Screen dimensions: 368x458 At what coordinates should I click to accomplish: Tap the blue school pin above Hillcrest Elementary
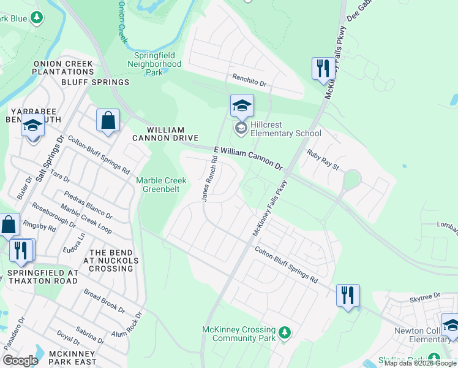pos(242,106)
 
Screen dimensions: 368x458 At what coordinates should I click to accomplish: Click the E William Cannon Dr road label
pos(248,158)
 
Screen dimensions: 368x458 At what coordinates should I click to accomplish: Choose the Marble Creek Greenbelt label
pos(161,185)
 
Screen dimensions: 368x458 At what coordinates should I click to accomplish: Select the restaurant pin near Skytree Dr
pos(348,296)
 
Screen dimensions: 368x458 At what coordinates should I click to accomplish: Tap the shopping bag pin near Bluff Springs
pos(108,121)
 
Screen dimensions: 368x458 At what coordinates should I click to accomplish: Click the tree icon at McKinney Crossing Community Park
pos(284,333)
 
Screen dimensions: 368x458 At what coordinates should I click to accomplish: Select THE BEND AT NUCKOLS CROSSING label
pos(105,260)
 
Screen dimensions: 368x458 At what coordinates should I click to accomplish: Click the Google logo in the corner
pos(20,361)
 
